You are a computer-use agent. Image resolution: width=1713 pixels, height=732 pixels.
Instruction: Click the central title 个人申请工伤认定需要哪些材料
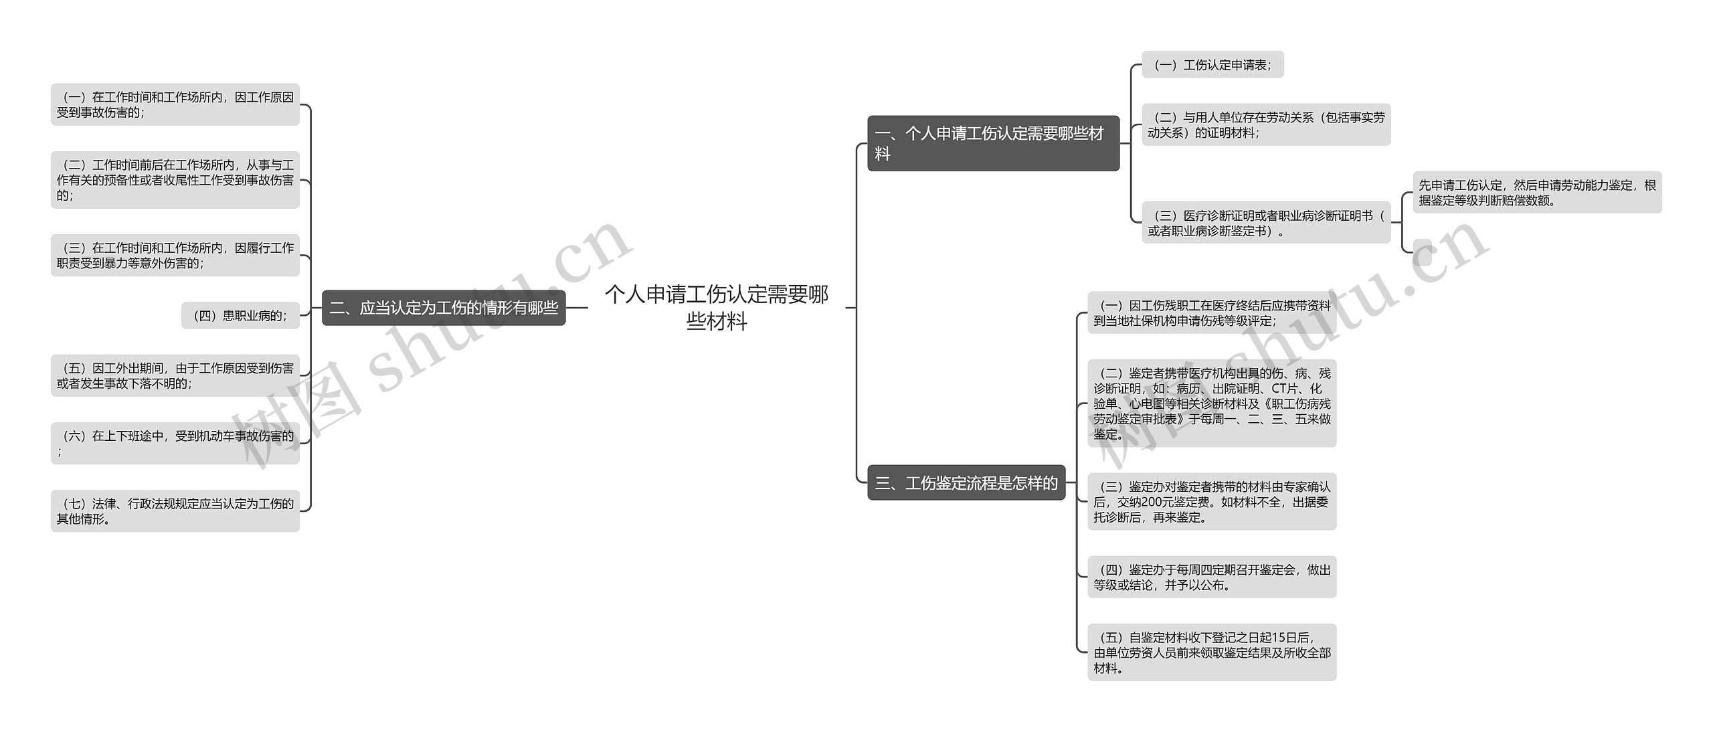point(717,308)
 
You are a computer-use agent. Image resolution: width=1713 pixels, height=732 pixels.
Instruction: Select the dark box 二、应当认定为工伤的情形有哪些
point(444,308)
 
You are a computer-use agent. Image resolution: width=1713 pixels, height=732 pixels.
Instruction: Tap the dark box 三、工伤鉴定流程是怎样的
point(966,482)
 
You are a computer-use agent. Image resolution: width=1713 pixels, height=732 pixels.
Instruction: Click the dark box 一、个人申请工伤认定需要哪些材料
point(993,143)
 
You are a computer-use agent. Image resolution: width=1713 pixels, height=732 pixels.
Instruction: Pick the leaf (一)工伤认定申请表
point(1212,65)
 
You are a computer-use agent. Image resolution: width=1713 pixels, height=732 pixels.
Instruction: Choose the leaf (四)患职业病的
point(240,316)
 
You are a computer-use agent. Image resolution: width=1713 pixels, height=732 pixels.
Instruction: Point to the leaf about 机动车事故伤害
point(175,443)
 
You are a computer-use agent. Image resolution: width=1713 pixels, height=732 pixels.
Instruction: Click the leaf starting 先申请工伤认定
point(1537,193)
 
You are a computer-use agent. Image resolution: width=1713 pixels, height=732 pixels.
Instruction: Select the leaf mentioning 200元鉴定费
point(1212,502)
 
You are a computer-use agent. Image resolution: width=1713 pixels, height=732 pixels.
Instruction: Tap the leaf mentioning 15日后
point(1212,652)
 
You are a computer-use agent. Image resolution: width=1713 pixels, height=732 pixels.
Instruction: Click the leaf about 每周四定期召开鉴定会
point(1212,577)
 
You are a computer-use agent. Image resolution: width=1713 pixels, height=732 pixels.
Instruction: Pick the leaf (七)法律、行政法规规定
point(175,511)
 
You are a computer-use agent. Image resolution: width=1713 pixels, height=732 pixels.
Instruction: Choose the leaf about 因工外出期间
point(175,375)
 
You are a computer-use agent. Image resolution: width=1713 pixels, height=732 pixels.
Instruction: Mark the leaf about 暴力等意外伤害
point(175,256)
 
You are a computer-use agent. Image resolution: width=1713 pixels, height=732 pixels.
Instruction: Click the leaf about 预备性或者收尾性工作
point(175,180)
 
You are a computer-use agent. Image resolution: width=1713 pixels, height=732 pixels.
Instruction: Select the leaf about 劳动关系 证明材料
point(1266,124)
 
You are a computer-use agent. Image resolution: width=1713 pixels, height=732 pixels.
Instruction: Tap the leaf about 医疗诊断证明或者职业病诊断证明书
point(1266,223)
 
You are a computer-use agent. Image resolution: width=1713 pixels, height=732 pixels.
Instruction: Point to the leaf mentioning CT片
point(1212,403)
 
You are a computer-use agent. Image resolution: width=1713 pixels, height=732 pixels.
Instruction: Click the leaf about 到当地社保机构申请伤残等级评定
point(1212,313)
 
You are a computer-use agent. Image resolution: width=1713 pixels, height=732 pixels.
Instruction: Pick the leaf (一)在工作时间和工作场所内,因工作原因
point(175,104)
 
